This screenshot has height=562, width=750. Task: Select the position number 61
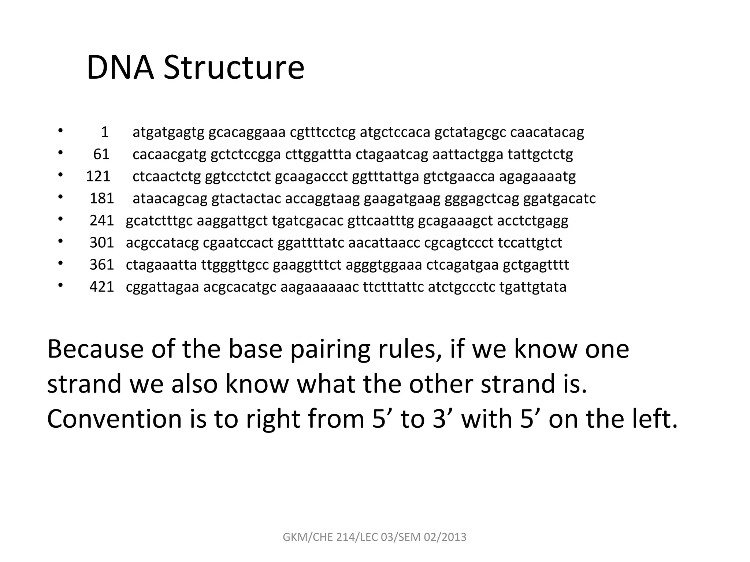click(101, 154)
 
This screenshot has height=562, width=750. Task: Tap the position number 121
click(98, 176)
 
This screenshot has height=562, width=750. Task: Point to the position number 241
click(102, 221)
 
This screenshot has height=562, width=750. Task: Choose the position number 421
click(102, 287)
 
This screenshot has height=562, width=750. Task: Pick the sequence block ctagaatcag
click(391, 154)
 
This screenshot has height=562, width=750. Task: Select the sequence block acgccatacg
click(162, 243)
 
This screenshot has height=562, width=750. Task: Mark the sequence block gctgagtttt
click(536, 265)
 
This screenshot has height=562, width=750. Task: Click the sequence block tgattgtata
click(533, 287)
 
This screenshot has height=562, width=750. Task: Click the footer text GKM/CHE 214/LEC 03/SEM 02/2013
click(375, 537)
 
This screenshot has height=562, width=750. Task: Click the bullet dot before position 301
click(60, 241)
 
